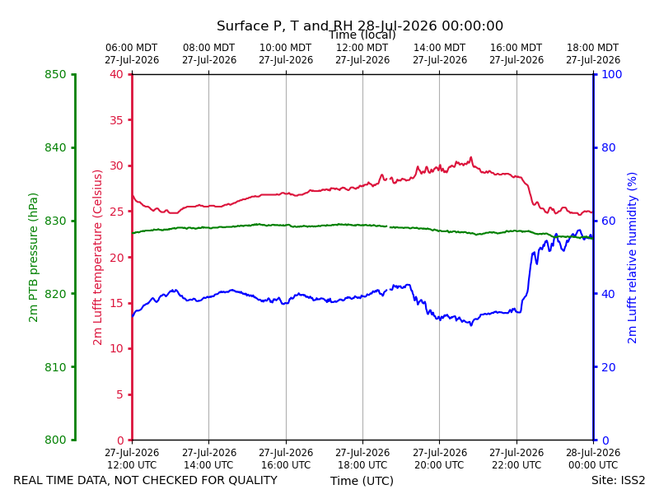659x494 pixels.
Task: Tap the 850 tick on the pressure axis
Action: (x=55, y=74)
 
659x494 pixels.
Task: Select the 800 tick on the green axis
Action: (x=55, y=440)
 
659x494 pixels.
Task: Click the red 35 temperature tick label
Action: (x=116, y=120)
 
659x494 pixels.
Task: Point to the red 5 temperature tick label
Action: (x=119, y=394)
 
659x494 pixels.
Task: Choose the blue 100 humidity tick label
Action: (x=611, y=74)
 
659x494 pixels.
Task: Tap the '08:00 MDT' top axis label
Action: (x=209, y=48)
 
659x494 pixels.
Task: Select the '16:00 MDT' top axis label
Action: (x=516, y=48)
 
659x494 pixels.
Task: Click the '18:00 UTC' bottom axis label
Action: (x=362, y=465)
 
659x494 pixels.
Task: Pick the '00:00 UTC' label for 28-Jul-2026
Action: (x=593, y=465)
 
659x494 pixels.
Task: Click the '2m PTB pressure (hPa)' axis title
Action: (x=33, y=258)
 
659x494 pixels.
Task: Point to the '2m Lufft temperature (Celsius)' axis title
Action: (x=97, y=258)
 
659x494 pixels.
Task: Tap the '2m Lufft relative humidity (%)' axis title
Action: (x=632, y=258)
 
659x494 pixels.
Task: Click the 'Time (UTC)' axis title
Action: (x=362, y=481)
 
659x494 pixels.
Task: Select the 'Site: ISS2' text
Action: (x=618, y=480)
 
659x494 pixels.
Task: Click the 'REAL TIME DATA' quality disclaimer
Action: (x=146, y=480)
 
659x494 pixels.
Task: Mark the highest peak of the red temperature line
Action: (x=471, y=157)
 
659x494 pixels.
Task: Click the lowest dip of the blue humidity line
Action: (x=471, y=325)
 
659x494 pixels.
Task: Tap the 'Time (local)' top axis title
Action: (x=362, y=35)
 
